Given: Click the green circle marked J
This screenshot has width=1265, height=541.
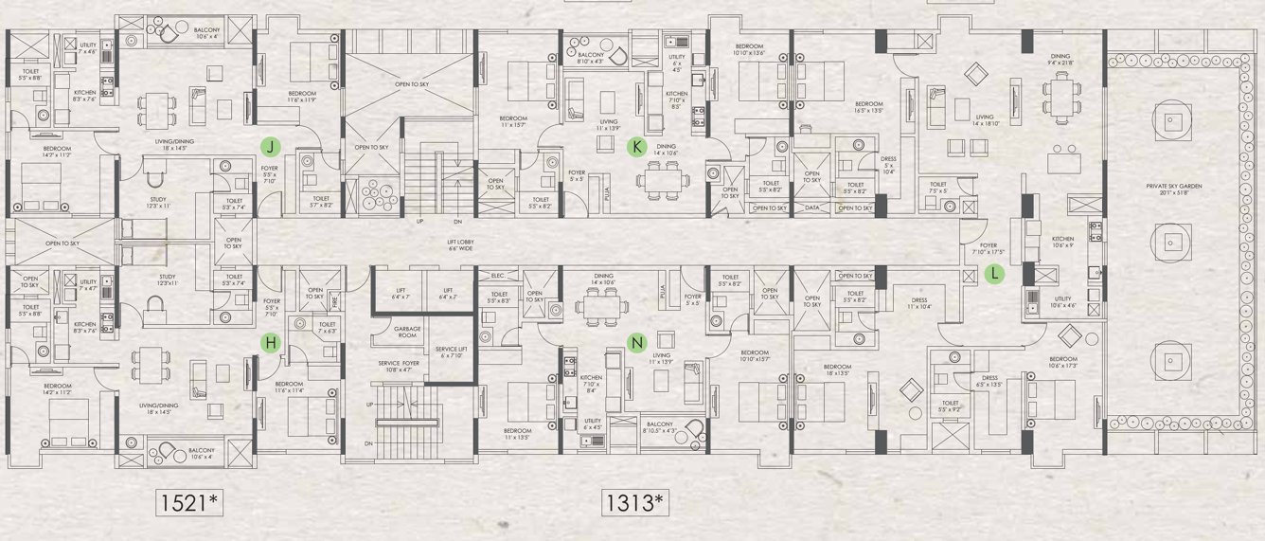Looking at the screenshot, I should coord(271,146).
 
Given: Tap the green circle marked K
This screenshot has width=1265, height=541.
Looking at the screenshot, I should coord(637,146).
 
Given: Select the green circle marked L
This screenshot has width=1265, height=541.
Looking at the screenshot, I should coord(994,274).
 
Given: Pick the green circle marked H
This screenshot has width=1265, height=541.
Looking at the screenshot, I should coord(271,343).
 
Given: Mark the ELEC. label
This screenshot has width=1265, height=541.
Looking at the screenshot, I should coord(498,276).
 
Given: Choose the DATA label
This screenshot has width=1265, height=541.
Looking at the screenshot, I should coord(811,207).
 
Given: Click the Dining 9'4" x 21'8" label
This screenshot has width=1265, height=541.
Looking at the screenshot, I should coord(1060,60).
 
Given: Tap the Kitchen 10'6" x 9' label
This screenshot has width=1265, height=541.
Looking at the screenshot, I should coord(1064,243).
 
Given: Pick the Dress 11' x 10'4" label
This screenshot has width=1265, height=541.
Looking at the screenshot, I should coord(919,303).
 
